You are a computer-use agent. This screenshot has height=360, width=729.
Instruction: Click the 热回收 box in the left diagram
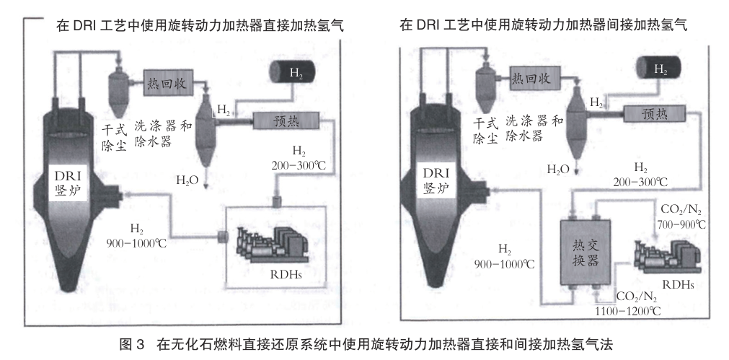167,83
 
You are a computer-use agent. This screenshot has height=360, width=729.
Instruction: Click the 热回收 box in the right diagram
531,78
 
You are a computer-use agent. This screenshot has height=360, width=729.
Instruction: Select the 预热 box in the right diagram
654,113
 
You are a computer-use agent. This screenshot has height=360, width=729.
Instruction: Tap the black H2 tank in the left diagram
293,73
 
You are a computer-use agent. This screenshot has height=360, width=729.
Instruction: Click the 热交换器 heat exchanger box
586,253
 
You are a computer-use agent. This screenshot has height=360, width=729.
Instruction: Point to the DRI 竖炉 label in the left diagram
69,183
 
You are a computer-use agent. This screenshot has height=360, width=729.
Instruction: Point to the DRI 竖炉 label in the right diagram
436,180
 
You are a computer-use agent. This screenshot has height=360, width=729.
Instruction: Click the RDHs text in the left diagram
286,274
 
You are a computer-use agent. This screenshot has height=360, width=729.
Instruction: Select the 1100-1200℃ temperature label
628,311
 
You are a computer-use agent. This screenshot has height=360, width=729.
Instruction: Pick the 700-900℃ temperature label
681,224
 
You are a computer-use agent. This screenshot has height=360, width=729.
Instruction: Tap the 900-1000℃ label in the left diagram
136,242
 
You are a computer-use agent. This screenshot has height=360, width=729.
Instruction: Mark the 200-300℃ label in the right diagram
640,183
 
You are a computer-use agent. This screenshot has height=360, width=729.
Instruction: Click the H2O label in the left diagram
187,180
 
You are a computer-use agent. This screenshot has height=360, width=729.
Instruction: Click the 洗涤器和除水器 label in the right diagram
534,128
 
